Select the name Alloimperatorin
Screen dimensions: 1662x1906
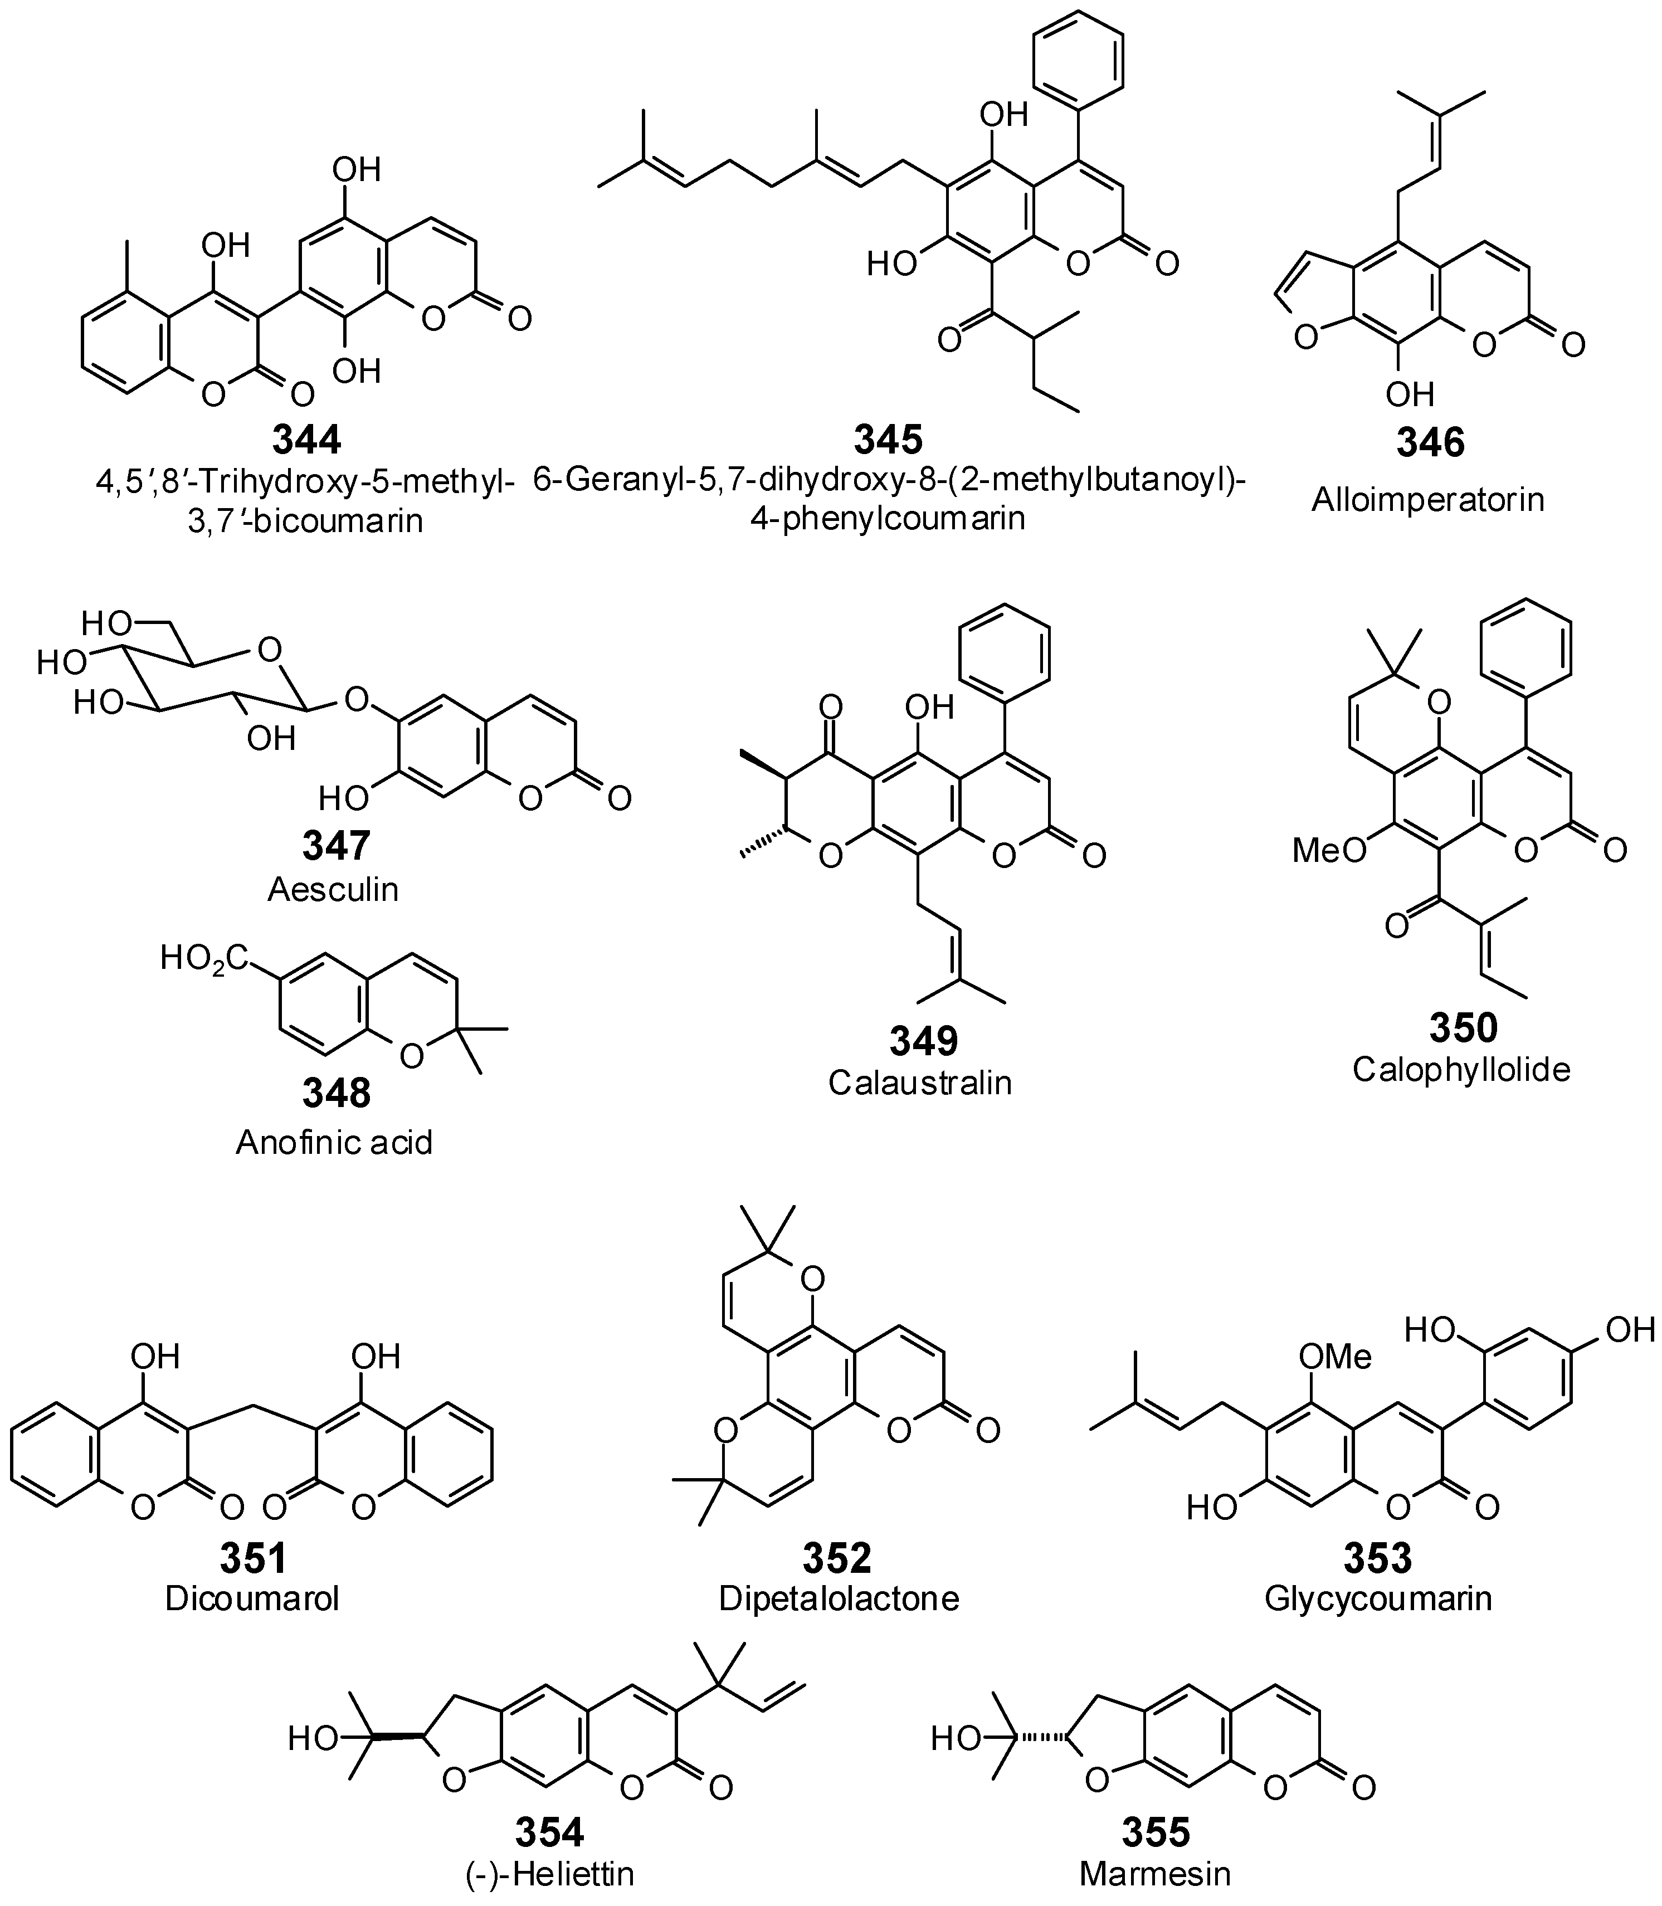coord(1427,500)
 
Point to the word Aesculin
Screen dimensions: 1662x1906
coord(333,889)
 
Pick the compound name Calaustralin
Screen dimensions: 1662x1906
coord(920,1083)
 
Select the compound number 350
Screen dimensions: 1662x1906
coord(1463,1028)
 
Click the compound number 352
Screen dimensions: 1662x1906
coord(837,1558)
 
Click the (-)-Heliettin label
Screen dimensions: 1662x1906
coord(550,1874)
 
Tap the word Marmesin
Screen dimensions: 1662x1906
coord(1154,1874)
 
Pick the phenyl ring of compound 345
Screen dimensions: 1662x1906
coord(1078,60)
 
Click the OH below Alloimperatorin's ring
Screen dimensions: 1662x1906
coord(1410,395)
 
